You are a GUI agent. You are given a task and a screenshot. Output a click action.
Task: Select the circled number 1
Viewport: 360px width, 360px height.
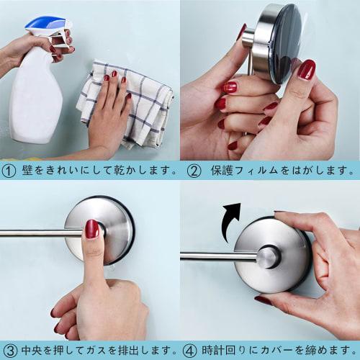(9, 171)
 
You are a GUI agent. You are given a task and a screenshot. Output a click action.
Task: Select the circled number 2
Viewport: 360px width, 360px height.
(193, 171)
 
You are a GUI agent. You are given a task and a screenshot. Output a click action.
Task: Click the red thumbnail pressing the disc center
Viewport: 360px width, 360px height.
(92, 229)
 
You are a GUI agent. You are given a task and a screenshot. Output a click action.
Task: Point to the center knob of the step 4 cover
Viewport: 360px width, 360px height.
(269, 256)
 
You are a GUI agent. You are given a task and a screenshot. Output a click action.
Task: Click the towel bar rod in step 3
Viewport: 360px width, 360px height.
(32, 233)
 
